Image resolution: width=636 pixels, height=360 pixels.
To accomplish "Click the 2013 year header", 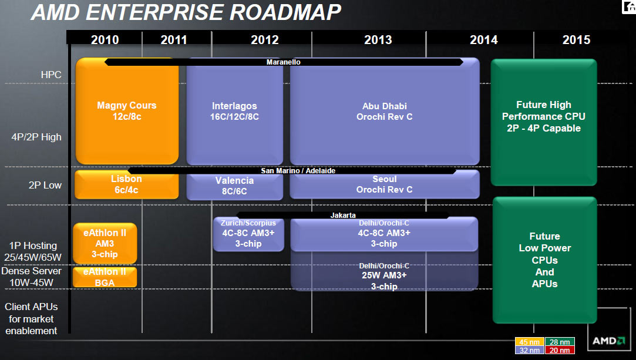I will pyautogui.click(x=378, y=40).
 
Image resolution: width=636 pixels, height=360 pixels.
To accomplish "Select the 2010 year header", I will pyautogui.click(x=105, y=40).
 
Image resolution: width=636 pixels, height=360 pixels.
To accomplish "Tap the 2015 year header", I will pyautogui.click(x=576, y=40).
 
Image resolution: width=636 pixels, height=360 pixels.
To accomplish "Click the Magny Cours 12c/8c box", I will pyautogui.click(x=127, y=112).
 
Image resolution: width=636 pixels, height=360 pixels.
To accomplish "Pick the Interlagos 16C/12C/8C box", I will pyautogui.click(x=234, y=112).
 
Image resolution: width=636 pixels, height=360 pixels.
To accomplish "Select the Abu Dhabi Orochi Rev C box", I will pyautogui.click(x=384, y=112).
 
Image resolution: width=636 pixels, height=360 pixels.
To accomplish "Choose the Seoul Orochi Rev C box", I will pyautogui.click(x=384, y=184).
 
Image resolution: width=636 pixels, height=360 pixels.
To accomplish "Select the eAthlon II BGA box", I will pyautogui.click(x=105, y=277).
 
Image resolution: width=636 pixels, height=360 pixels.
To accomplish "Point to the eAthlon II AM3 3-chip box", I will pyautogui.click(x=105, y=243).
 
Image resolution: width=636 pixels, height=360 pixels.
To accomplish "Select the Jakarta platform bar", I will pyautogui.click(x=343, y=216).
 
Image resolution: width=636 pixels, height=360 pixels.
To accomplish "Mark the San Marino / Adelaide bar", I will pyautogui.click(x=298, y=171).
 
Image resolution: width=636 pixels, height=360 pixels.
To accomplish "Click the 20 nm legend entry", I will pyautogui.click(x=560, y=350).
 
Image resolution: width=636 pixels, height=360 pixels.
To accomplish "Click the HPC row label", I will pyautogui.click(x=51, y=75).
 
